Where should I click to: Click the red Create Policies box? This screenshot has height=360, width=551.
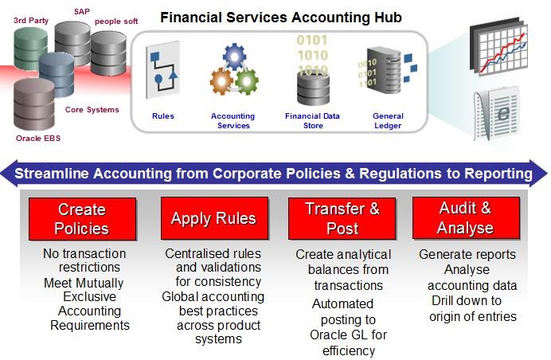[x=82, y=219]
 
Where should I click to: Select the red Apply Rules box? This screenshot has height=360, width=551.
[x=214, y=218]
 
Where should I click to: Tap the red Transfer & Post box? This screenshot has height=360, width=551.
[x=342, y=218]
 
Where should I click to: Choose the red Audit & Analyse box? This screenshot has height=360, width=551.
[x=466, y=218]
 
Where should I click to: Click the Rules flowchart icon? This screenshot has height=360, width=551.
[x=163, y=69]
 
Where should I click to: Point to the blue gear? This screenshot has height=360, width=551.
[x=234, y=57]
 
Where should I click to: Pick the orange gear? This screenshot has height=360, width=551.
[x=221, y=81]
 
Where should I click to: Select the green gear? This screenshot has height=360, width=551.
[x=247, y=81]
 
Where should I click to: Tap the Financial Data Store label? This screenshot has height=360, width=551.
[x=312, y=120]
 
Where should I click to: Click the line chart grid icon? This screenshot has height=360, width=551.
[x=499, y=45]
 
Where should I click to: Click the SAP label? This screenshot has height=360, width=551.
[x=82, y=12]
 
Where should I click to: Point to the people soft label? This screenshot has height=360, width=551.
[x=116, y=22]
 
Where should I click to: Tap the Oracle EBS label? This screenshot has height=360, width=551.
[x=38, y=138]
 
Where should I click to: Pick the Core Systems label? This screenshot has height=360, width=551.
[x=92, y=110]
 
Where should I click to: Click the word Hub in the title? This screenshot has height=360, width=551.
[x=389, y=18]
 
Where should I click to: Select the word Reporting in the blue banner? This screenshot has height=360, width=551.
[x=498, y=174]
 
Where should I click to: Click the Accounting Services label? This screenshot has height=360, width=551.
[x=233, y=120]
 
